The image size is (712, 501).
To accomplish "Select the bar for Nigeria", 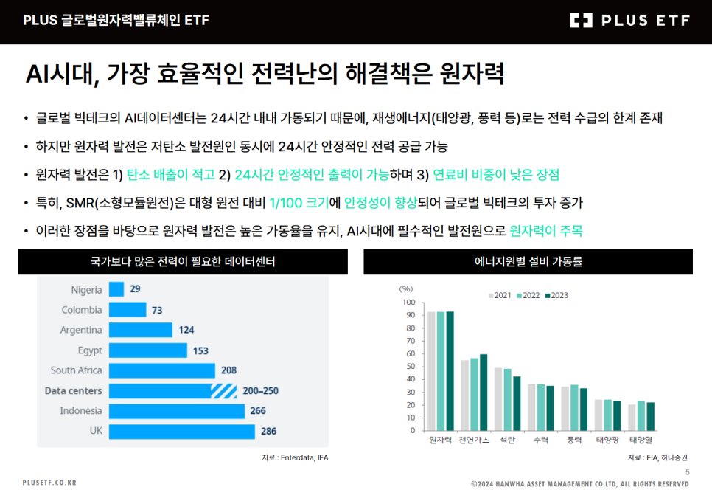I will tap(116, 289).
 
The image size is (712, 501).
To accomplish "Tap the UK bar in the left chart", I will tap(181, 431).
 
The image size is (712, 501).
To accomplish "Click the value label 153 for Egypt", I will tap(200, 350).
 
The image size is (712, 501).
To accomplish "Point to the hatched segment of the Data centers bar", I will tap(223, 390).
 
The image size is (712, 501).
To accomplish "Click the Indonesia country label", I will tap(81, 411).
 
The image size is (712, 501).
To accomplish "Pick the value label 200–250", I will tap(261, 390).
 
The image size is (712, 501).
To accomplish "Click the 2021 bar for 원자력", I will tap(432, 370).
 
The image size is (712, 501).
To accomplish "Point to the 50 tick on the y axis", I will tap(409, 367).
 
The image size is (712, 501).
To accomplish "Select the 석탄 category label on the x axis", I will tap(507, 440).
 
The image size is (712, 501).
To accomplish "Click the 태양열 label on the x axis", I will tap(641, 440).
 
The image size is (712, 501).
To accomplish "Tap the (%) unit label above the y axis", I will tap(405, 289).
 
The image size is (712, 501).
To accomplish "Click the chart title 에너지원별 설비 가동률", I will tap(528, 261).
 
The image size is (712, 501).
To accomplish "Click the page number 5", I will tap(687, 473).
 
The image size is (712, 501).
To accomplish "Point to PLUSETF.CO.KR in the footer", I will tap(49, 483).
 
